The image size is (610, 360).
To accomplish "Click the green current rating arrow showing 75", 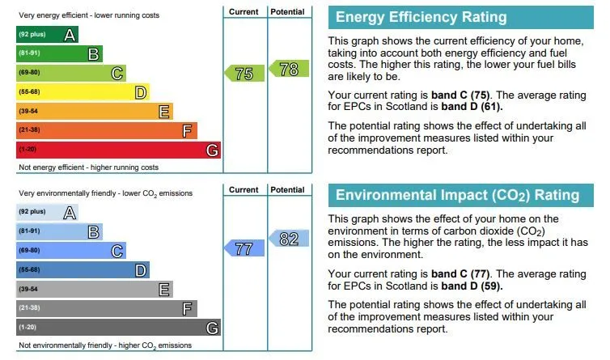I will point(244,74).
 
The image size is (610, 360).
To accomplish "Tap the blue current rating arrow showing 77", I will point(244,249).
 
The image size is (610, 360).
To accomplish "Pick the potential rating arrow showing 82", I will point(287,239).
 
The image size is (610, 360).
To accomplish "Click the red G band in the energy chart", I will point(118,150).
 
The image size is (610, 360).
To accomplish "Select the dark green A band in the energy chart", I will point(47,35).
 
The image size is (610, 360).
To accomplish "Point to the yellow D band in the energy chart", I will point(83,92).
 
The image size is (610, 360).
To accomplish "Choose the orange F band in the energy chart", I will point(106,130).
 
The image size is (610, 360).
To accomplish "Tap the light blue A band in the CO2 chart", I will point(47,213).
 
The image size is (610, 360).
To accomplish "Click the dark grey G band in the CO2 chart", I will point(118,328).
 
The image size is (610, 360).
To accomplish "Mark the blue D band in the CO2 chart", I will point(83,269).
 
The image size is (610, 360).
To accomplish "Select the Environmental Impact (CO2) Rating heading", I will point(457,195).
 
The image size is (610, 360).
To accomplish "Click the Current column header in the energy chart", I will point(244,12).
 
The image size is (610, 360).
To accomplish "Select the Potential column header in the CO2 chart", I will point(287,190).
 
